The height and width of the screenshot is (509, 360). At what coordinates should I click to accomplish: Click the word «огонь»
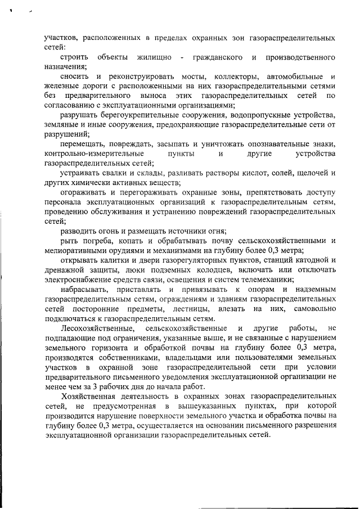[107, 231]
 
